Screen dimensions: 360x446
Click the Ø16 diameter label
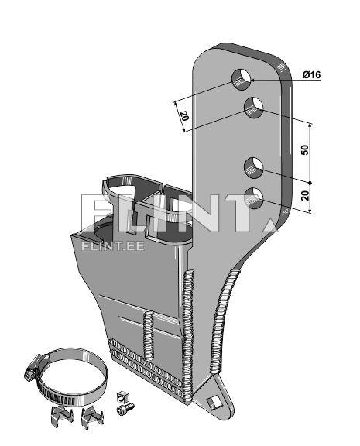(x=312, y=75)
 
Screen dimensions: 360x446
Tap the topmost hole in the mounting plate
(x=242, y=79)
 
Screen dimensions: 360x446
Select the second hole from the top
(x=254, y=107)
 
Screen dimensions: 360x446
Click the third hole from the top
(x=254, y=168)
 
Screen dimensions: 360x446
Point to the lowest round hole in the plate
(x=254, y=198)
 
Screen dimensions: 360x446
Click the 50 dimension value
(x=304, y=150)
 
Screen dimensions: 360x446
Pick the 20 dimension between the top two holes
(x=184, y=116)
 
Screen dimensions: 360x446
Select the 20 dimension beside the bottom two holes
(x=305, y=196)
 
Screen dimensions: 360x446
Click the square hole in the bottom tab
(x=214, y=403)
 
